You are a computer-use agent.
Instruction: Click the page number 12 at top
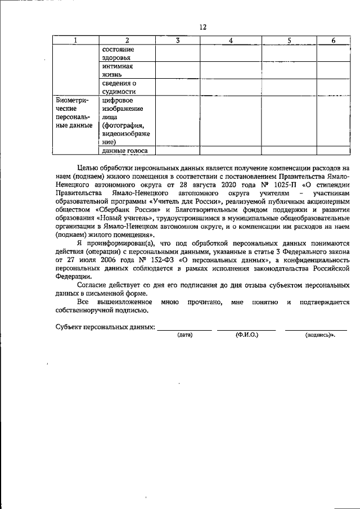[203, 27]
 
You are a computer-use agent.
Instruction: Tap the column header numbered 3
[177, 40]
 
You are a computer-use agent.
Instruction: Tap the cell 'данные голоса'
[125, 150]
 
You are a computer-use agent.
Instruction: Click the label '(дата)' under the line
[185, 335]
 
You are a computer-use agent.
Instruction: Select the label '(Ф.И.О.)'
[247, 335]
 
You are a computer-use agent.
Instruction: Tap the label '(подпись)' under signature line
[319, 335]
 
